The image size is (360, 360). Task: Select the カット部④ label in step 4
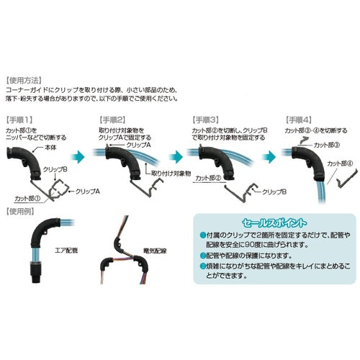tap(341, 163)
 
